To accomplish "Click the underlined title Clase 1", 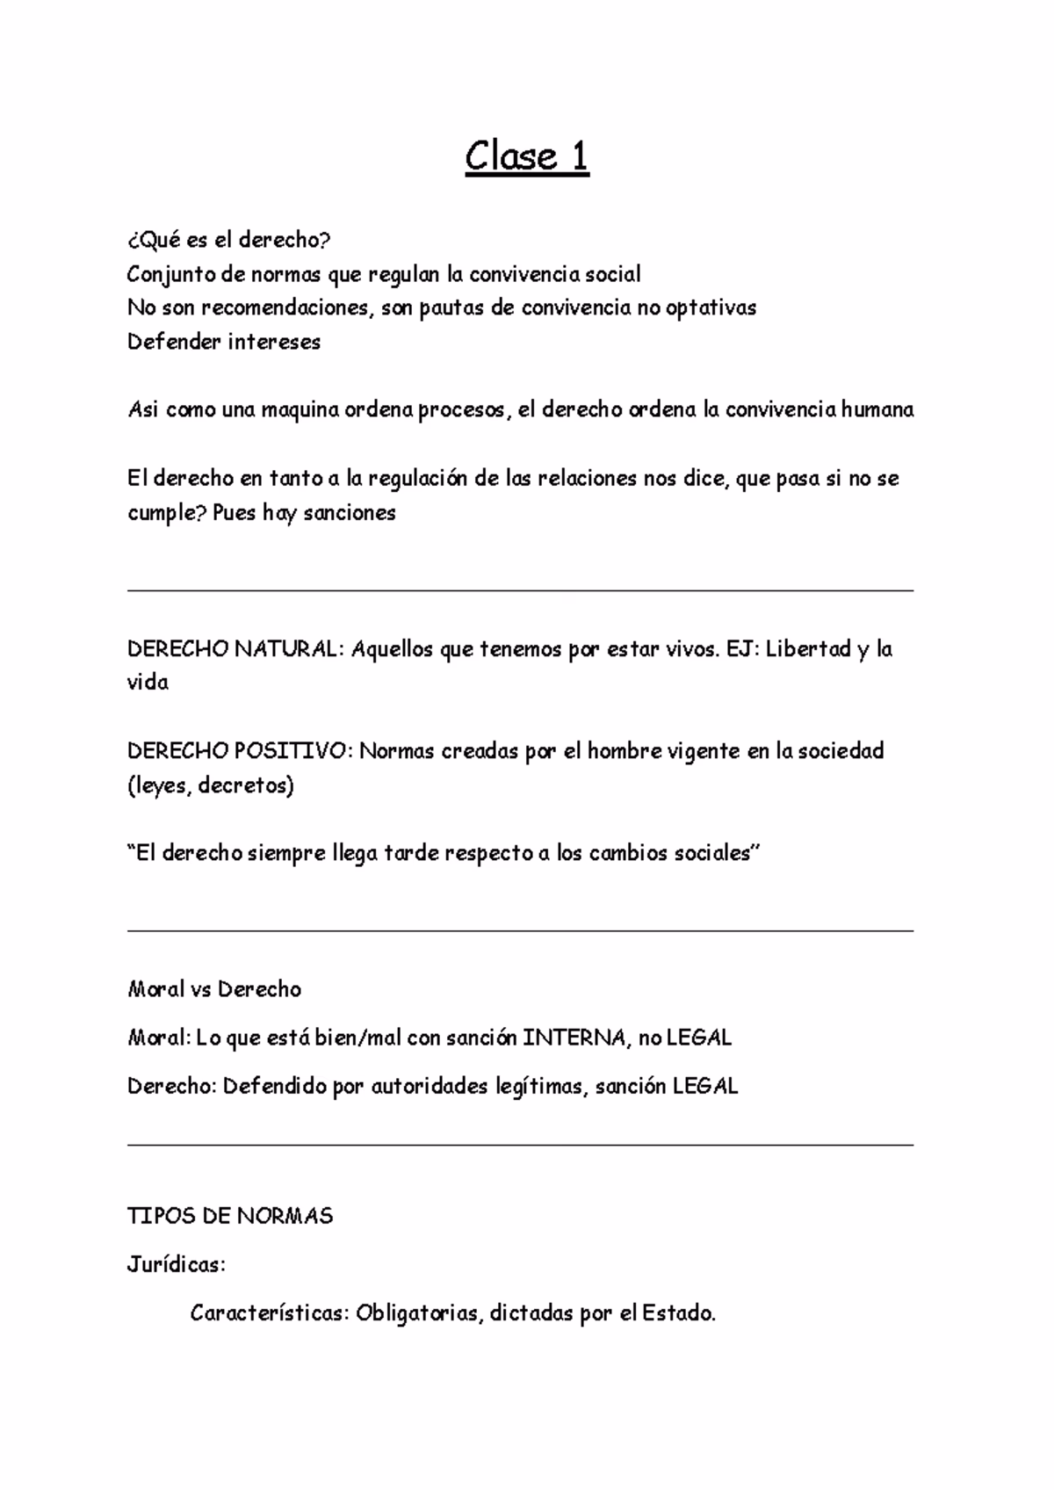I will click(x=526, y=157).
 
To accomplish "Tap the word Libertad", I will click(x=808, y=649).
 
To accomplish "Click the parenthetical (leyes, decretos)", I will click(x=211, y=785).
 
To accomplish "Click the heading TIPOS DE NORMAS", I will click(x=230, y=1216).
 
